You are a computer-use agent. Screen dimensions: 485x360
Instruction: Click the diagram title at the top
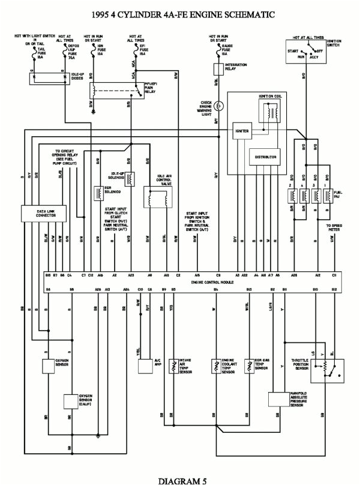point(179,13)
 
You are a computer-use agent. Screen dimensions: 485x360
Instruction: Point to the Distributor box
point(265,157)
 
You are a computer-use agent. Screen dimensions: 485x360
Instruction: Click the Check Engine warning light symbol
point(219,106)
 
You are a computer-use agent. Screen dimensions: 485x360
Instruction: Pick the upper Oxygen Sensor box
point(48,366)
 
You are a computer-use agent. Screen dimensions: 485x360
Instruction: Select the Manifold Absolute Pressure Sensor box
point(278,400)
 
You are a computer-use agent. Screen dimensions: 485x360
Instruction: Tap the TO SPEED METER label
point(334,228)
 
